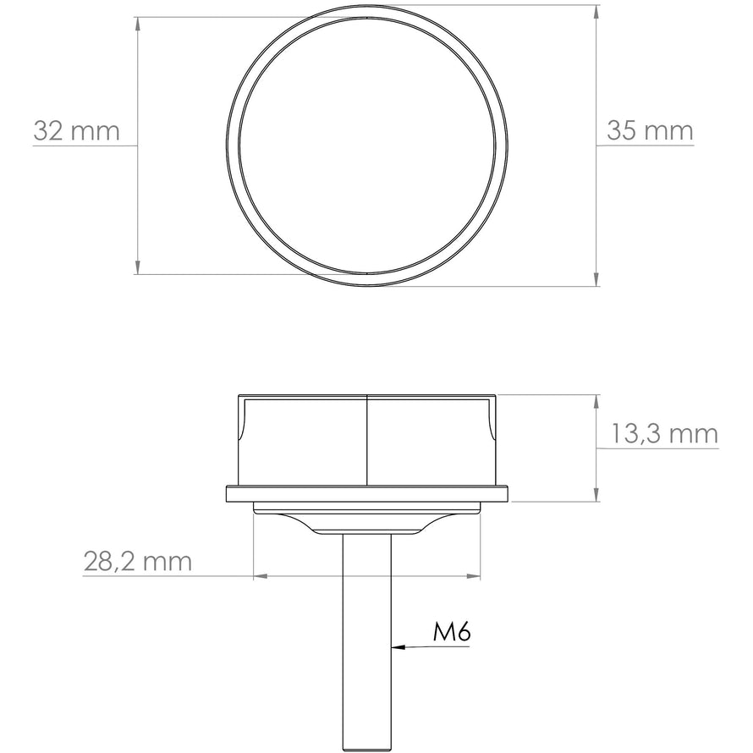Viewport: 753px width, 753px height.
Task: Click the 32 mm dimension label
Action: coord(76,131)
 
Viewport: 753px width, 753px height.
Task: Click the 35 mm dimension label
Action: coord(650,131)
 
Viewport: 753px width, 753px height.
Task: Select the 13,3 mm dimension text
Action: coord(664,434)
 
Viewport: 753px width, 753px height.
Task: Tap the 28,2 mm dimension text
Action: coord(138,560)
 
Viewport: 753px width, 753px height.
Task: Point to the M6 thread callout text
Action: coord(451,631)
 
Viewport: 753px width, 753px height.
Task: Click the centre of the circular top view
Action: coord(368,145)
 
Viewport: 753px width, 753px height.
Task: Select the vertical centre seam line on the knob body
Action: coord(367,440)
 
